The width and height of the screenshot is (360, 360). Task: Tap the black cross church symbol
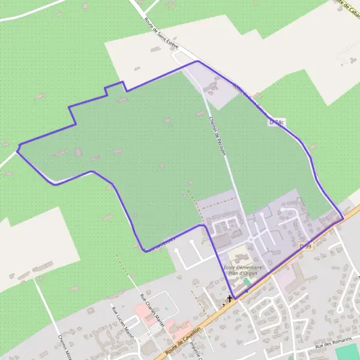pos(229,298)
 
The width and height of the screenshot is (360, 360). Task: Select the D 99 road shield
pos(305,247)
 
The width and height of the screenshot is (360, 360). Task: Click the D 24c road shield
pos(277,122)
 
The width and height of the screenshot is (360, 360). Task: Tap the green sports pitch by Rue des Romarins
pos(347,353)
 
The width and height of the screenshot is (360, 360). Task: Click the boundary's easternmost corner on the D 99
pos(343,218)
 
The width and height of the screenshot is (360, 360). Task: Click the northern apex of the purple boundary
pos(197,61)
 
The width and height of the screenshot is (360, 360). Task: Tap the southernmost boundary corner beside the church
pos(235,298)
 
